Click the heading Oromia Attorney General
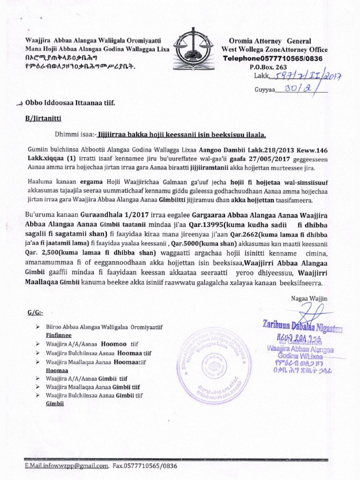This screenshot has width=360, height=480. coord(270,41)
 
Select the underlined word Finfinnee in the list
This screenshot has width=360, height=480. coord(58,336)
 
